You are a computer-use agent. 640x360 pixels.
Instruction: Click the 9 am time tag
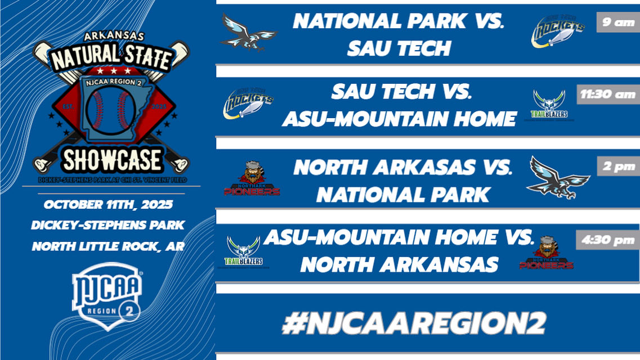(x=617, y=23)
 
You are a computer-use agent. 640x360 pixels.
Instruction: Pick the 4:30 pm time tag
(x=607, y=241)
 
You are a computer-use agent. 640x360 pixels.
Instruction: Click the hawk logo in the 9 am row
(x=248, y=32)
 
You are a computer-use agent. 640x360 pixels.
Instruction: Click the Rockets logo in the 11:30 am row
(x=248, y=103)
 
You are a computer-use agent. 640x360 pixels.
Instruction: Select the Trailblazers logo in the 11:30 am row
(x=550, y=105)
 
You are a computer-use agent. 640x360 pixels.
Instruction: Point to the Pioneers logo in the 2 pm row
(x=252, y=179)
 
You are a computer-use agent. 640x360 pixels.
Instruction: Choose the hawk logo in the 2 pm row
(x=557, y=177)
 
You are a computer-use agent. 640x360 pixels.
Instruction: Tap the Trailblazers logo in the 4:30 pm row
(x=244, y=251)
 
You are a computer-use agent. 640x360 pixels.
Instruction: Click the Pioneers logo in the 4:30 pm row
(x=546, y=253)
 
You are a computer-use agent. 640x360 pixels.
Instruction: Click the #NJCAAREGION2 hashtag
(x=414, y=323)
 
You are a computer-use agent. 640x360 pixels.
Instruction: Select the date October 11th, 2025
(x=108, y=204)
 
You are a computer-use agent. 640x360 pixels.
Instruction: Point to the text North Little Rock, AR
(x=108, y=246)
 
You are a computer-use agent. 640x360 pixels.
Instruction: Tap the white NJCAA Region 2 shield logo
(x=108, y=295)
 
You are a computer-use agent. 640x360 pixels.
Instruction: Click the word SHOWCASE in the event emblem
(x=111, y=160)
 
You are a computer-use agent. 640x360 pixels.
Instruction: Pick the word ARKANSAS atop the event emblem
(x=111, y=36)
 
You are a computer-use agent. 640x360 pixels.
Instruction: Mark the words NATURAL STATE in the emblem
(x=111, y=57)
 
